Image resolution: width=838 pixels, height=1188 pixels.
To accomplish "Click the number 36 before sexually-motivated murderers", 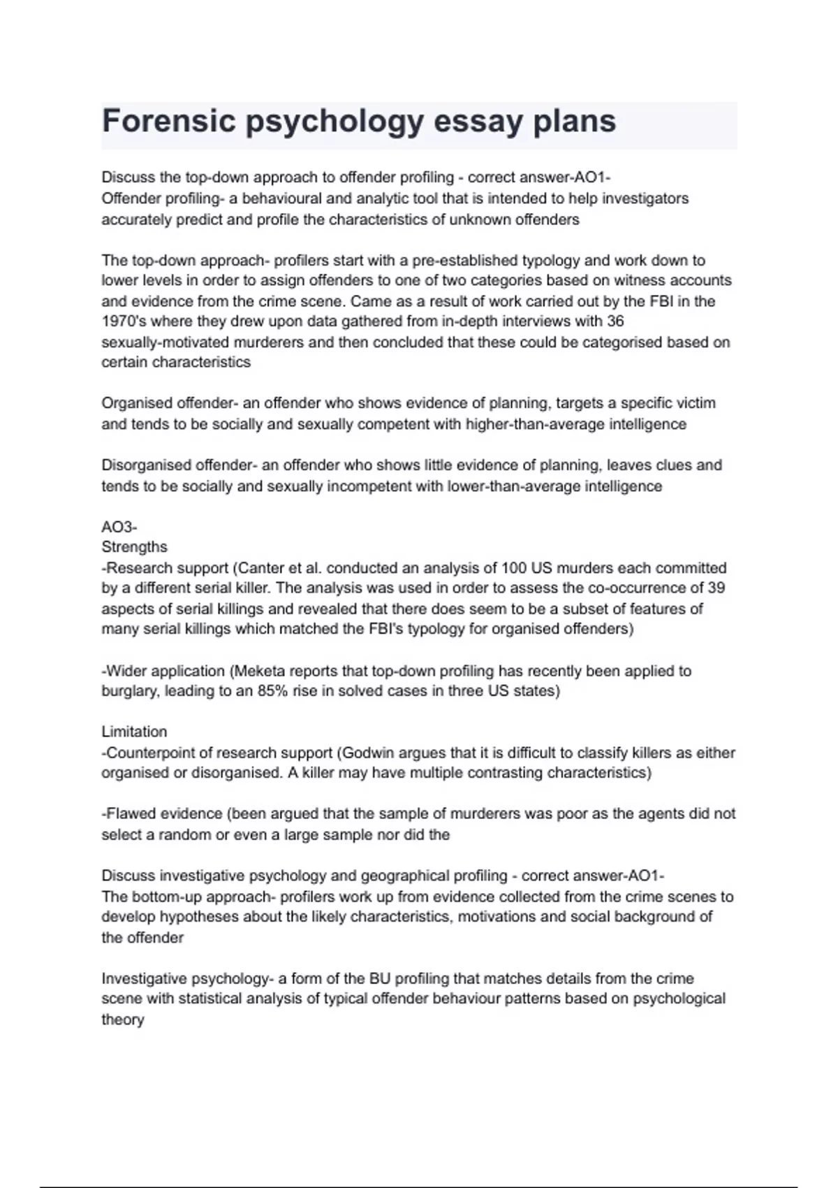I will [x=615, y=321].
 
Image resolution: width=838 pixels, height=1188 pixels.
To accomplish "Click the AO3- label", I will [x=119, y=527].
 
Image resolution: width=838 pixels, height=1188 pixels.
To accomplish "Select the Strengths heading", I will [x=135, y=547].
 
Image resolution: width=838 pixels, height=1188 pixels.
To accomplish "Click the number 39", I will [x=716, y=588].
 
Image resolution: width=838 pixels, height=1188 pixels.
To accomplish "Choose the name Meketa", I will [x=258, y=672].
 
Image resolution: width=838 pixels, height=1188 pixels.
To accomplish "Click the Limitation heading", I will [x=135, y=732].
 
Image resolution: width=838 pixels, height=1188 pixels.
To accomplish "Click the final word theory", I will [x=123, y=1020].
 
